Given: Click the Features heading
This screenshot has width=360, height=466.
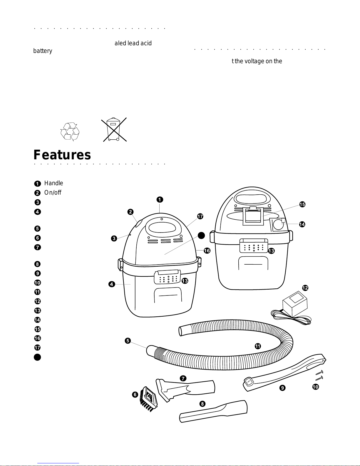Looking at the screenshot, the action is pos(62,155).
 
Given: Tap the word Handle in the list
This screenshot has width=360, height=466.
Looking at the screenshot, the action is pos(53,183).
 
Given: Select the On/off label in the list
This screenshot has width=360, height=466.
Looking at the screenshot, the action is pos(53,193).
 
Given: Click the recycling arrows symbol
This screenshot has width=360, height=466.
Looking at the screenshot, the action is pos(70,131).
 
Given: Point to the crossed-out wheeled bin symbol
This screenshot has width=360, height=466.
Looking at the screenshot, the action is pos(114,129).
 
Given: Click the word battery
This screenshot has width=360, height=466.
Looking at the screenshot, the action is pos(43,51).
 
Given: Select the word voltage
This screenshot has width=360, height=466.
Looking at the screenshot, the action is pos(254,61).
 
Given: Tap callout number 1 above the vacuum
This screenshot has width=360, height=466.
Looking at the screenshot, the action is pos(160,200).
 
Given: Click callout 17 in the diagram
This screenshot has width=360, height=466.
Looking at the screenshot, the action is pos(200,216).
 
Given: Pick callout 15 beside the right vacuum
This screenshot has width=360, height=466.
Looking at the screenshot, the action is pos(302,204).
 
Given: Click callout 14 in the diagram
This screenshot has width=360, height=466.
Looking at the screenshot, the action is pos(302,224).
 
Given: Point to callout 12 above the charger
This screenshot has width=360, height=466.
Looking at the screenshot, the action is pos(305,288).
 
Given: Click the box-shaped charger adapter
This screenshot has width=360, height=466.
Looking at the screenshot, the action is pos(295,303).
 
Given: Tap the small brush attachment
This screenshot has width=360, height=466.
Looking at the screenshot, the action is pos(148,399).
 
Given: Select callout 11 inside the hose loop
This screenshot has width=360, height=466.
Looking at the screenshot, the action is pos(258,346).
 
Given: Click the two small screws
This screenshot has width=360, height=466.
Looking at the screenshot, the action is pos(319,375).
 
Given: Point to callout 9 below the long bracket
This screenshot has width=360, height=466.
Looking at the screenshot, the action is pos(282,388).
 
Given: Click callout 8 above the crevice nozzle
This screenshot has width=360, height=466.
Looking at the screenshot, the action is pos(202,404).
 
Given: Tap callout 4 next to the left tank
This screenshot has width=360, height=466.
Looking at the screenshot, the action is pos(112,284).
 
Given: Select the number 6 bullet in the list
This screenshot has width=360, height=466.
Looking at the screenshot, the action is pos(38,238).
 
